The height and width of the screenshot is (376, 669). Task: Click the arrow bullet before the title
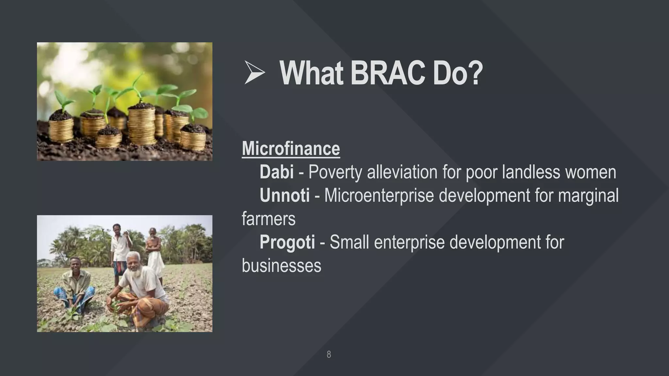(254, 72)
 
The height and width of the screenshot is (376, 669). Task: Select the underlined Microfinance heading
(291, 149)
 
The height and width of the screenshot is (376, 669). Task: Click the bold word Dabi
(276, 172)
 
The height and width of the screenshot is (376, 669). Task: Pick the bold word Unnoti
(285, 196)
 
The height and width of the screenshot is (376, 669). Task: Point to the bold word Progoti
(287, 242)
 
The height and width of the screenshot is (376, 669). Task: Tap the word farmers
(269, 219)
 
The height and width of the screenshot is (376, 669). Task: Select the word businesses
(281, 266)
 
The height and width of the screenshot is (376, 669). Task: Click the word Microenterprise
(379, 196)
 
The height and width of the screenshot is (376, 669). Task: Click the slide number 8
(329, 354)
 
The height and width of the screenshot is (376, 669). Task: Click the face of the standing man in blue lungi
(117, 230)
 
